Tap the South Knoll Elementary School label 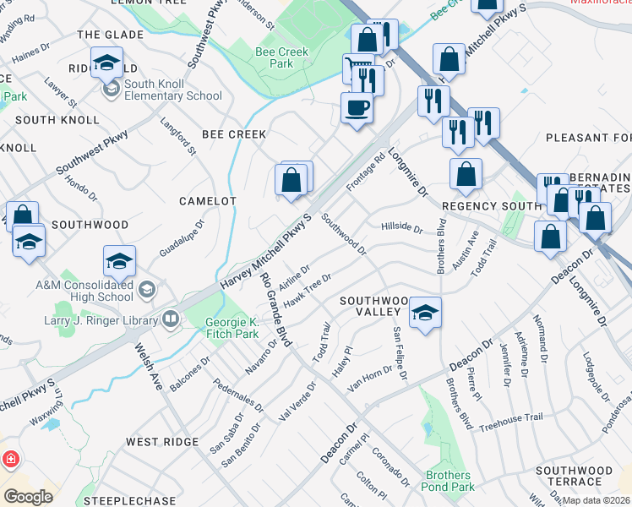tap(172, 90)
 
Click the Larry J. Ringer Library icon tap(171, 319)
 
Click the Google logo tap(28, 497)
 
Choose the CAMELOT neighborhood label tap(207, 201)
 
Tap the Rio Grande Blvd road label tap(275, 309)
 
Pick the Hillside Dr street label tap(401, 227)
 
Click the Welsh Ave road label tap(144, 369)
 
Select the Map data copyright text tap(597, 500)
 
